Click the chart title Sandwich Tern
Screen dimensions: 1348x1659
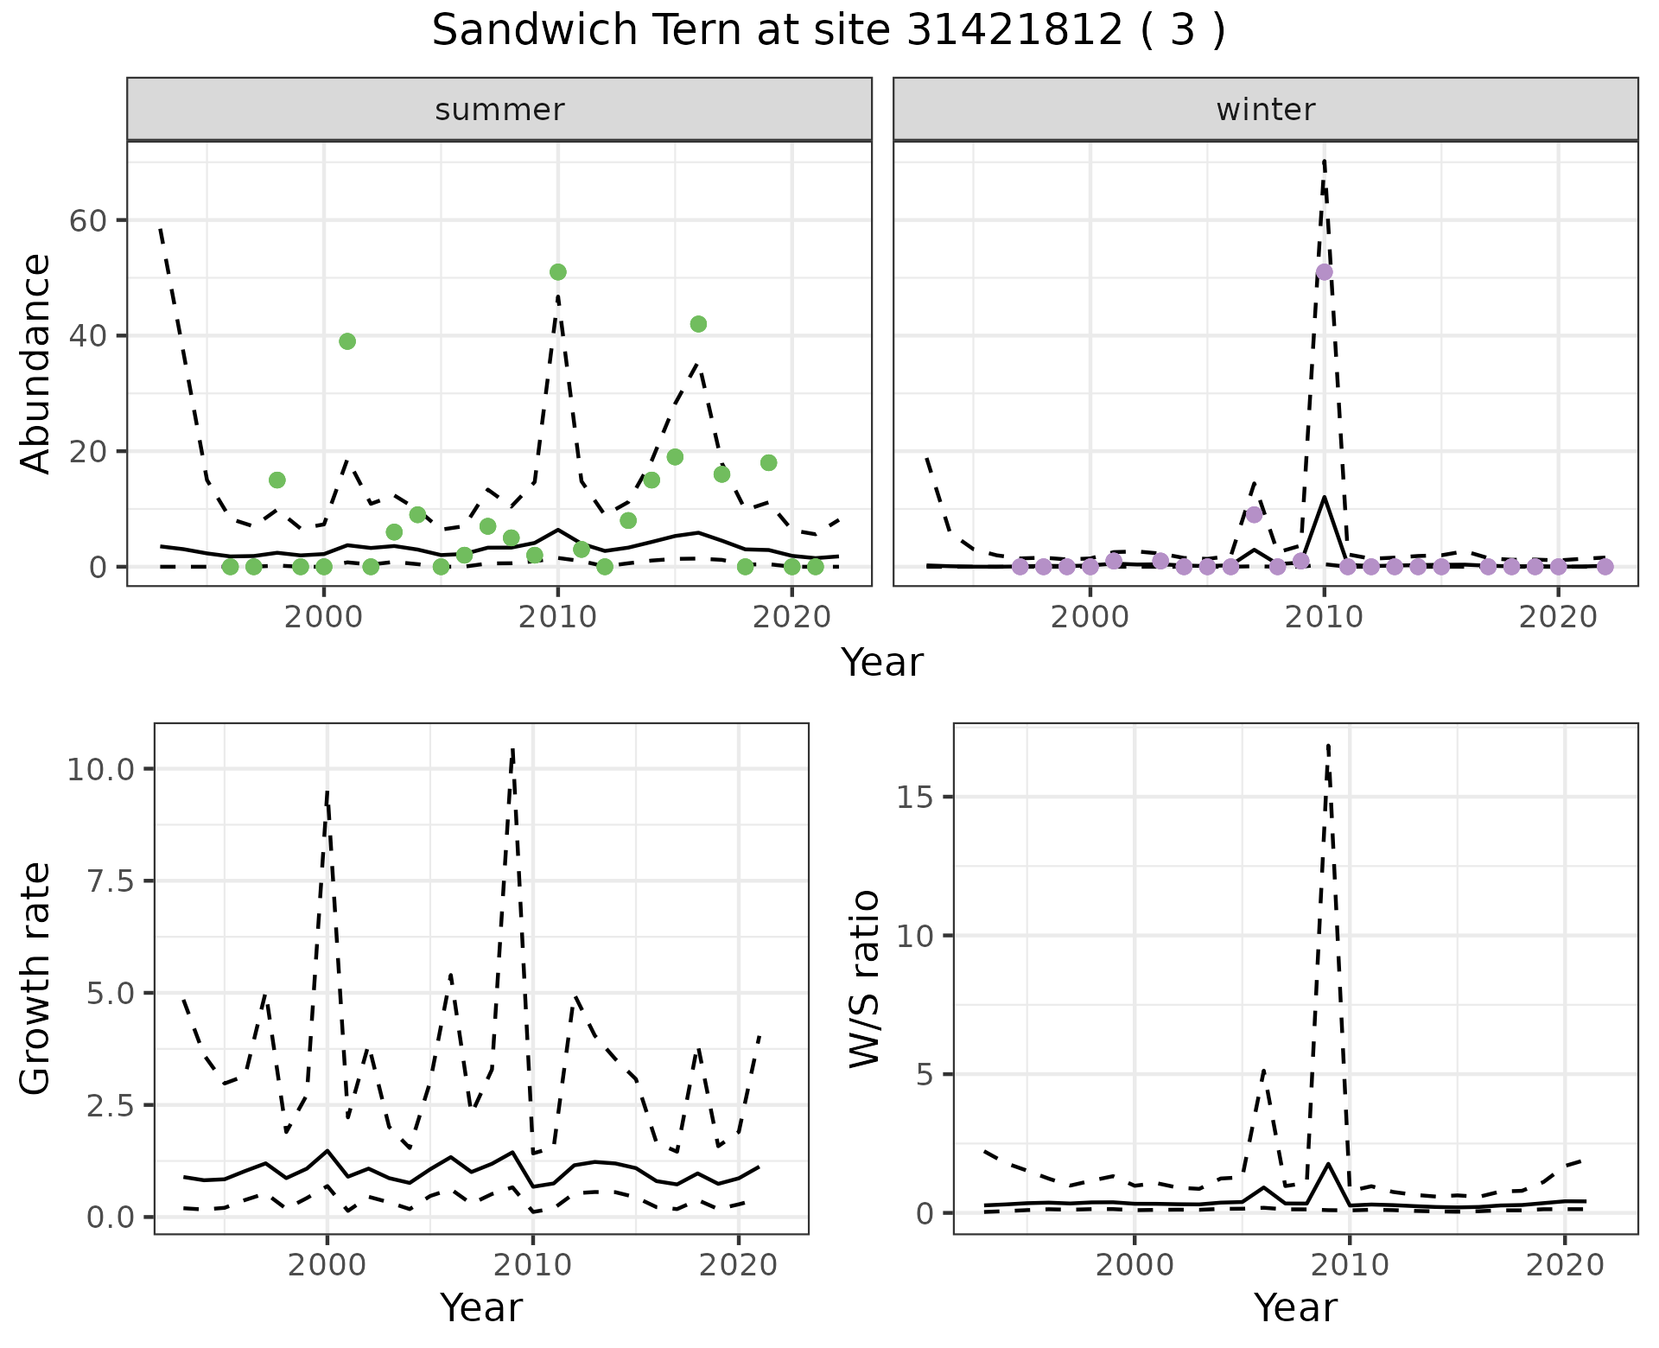(828, 31)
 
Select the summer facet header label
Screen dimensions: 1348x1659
(499, 110)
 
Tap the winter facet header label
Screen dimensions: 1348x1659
(1265, 110)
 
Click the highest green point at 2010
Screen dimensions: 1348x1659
(557, 272)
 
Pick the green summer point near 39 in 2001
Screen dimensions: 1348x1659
(347, 341)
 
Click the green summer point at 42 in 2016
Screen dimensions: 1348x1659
(698, 324)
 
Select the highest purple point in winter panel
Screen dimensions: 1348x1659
(1324, 272)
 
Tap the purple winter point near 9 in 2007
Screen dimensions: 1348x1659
(1254, 515)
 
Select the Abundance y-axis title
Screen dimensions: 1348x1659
(36, 364)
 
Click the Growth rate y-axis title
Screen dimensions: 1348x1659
(36, 979)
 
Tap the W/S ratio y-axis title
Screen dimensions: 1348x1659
(865, 979)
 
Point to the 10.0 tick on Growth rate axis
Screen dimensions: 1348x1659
(100, 769)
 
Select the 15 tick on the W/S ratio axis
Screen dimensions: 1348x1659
(916, 797)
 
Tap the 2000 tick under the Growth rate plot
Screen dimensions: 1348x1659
(327, 1265)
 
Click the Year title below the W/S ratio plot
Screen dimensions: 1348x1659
(1295, 1307)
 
